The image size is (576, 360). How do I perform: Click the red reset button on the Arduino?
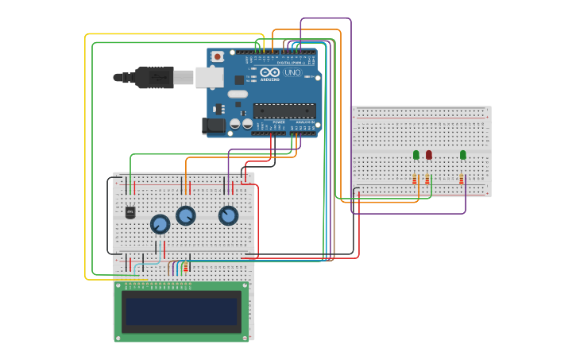coord(217,56)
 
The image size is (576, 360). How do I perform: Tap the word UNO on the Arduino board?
coord(293,72)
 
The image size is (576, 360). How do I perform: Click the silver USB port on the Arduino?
coord(209,77)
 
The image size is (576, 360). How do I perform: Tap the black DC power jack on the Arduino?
coord(214,126)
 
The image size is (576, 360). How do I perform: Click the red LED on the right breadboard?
coord(429,155)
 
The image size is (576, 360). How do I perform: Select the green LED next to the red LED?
coord(416,155)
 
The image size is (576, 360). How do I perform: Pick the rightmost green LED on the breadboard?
coord(463,155)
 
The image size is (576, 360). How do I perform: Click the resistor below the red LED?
coord(427,180)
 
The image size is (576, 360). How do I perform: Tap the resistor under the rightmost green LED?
coord(462,180)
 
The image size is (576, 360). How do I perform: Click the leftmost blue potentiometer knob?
coord(160,225)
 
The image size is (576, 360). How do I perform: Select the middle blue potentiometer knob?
coord(186,216)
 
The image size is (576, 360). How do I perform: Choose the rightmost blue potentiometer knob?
coord(228,216)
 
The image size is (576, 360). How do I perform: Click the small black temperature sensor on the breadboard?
coord(130,212)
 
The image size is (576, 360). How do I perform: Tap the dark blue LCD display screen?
coord(181,312)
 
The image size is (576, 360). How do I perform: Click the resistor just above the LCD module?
coord(186,268)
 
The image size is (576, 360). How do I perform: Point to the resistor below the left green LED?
coord(414,180)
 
